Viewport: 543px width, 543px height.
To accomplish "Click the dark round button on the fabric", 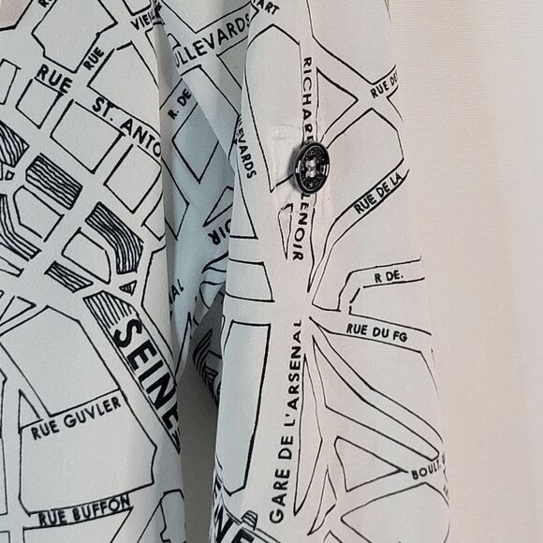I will pos(312,167).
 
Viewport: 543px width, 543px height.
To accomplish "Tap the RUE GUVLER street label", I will pos(77,418).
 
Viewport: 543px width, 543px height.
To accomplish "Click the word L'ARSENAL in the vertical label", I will pos(290,394).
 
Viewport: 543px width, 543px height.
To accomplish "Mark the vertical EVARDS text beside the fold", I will pos(247,146).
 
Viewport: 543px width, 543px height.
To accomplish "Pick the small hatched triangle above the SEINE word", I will pos(127,286).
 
